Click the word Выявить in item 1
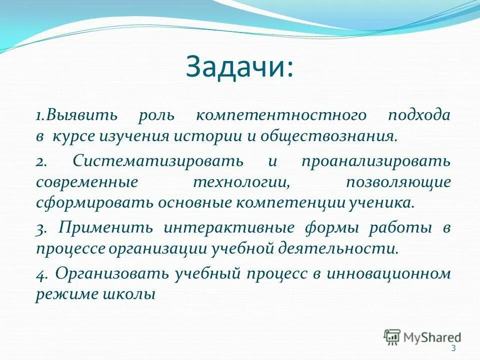[81, 116]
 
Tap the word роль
[156, 116]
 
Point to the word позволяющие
[398, 182]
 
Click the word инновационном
[389, 274]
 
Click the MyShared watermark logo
[422, 337]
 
